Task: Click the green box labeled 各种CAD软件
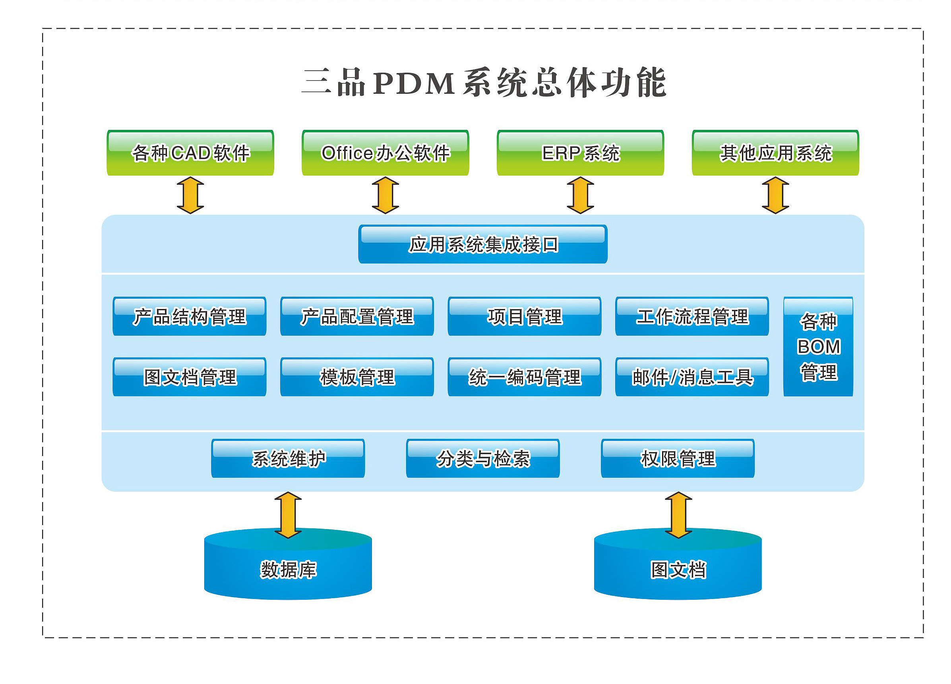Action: pos(190,153)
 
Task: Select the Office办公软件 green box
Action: pos(385,153)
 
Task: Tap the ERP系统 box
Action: pos(580,153)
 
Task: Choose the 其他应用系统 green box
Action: pos(775,153)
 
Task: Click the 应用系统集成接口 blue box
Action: pos(482,244)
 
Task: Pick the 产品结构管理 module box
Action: pos(189,317)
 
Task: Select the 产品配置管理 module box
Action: pos(357,317)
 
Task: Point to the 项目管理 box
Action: pos(524,317)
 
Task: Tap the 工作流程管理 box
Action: pos(692,317)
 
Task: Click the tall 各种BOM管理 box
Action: pos(818,347)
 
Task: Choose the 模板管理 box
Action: pos(357,377)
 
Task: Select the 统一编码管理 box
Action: pos(524,377)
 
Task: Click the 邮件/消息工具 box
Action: pos(692,377)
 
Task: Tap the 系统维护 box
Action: pos(288,458)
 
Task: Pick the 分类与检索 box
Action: pos(482,458)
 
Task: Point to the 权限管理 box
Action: pos(678,458)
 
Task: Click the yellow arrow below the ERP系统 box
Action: pos(580,195)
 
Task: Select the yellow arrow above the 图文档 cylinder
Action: pos(678,515)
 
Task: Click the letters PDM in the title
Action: pos(413,83)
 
